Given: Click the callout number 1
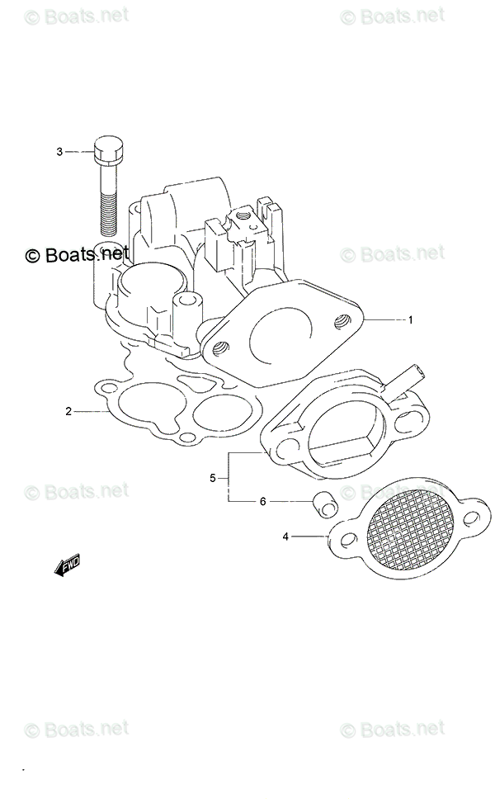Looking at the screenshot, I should pyautogui.click(x=409, y=319).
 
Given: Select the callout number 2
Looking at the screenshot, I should pyautogui.click(x=70, y=410).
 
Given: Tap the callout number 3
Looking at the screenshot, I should pyautogui.click(x=59, y=152).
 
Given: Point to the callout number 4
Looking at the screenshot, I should pyautogui.click(x=286, y=537).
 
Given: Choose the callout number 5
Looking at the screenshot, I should pyautogui.click(x=212, y=477).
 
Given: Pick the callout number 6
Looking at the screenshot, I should pyautogui.click(x=263, y=501).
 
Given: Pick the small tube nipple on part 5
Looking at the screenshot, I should pyautogui.click(x=408, y=381).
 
